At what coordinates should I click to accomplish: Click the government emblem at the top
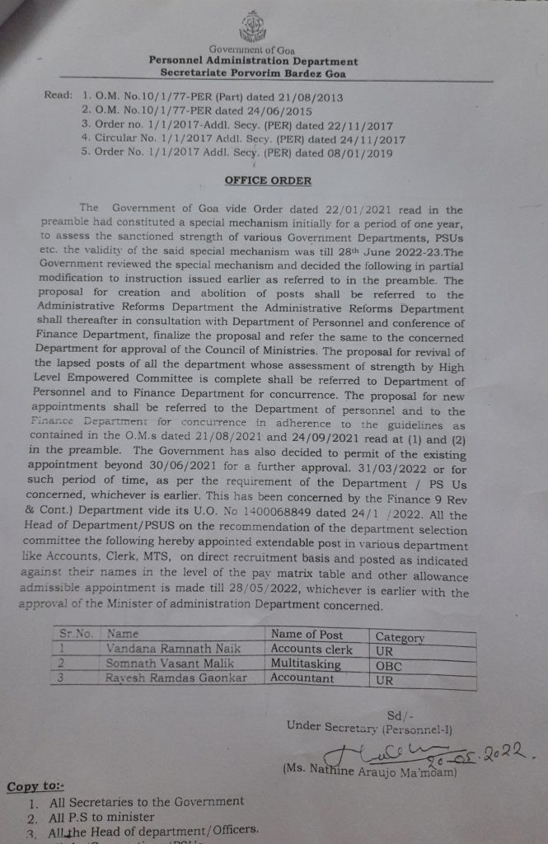coord(253,27)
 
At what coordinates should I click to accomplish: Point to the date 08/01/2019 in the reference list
coord(352,152)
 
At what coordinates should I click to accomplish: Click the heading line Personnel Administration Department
coord(253,61)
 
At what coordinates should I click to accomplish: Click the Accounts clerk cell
coord(311,649)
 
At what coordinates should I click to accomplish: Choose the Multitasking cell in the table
coord(306,663)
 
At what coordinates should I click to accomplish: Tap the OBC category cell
coord(388,665)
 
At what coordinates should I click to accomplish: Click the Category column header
coord(400,637)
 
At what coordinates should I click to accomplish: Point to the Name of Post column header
coord(307,635)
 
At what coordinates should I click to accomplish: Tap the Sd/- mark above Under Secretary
coord(397,715)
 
